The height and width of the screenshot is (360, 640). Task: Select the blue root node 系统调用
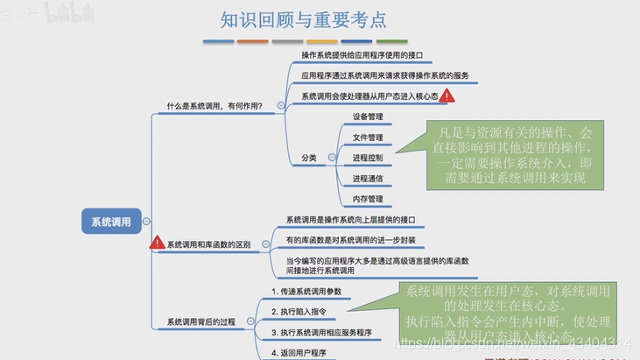[x=111, y=222]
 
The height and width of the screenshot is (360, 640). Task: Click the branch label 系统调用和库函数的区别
[x=208, y=244]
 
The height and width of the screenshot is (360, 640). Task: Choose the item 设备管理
[x=368, y=116]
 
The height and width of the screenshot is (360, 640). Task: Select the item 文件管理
[x=368, y=138]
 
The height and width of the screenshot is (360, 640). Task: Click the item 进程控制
[x=368, y=158]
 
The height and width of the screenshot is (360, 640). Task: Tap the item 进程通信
[x=368, y=179]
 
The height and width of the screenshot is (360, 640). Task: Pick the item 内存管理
[x=368, y=199]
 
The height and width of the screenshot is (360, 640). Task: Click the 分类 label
[x=308, y=158]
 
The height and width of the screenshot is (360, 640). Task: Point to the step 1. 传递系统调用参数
[x=306, y=291]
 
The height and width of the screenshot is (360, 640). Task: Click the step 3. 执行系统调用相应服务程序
[x=321, y=333]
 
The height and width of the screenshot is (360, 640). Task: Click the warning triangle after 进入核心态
[x=447, y=95]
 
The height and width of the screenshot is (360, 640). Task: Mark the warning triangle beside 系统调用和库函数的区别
[x=158, y=243]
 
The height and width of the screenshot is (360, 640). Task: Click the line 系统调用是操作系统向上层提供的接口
[x=350, y=220]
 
